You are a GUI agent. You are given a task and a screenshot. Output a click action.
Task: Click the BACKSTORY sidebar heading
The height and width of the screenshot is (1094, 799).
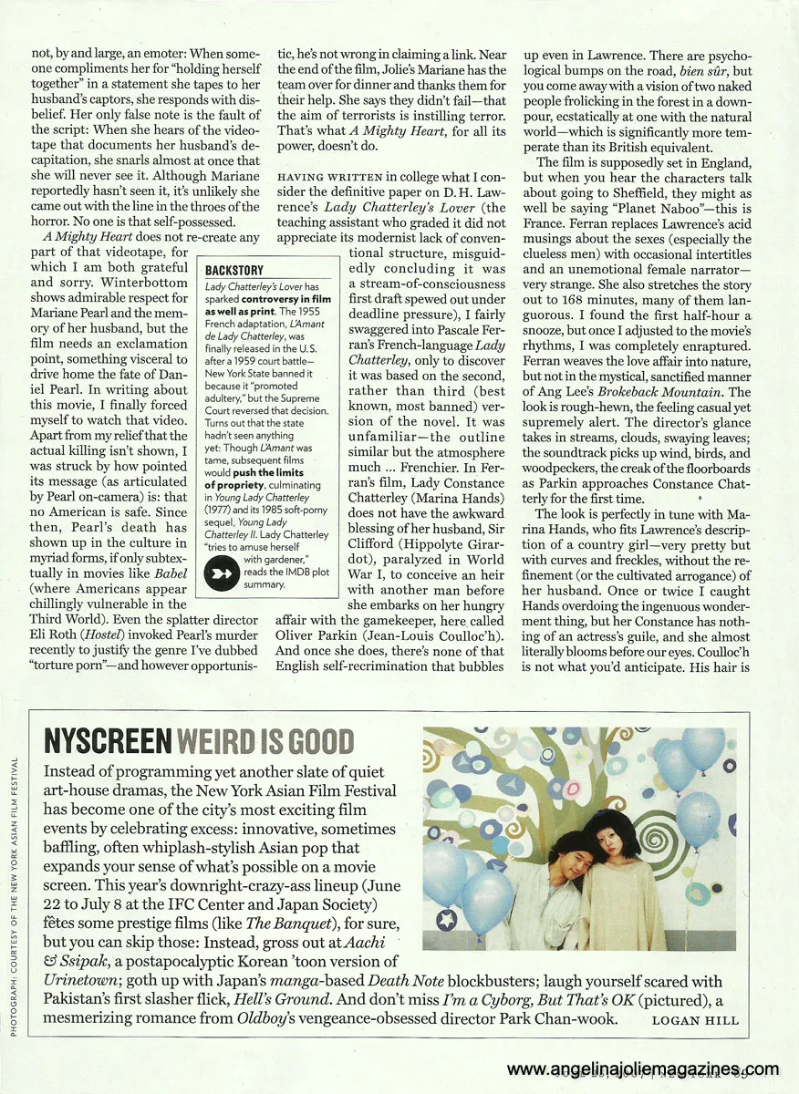click(x=234, y=271)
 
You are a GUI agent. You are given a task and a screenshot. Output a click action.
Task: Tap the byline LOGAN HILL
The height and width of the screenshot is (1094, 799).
click(x=694, y=1020)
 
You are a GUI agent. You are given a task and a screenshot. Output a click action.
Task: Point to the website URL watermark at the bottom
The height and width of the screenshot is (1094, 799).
click(x=643, y=1069)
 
